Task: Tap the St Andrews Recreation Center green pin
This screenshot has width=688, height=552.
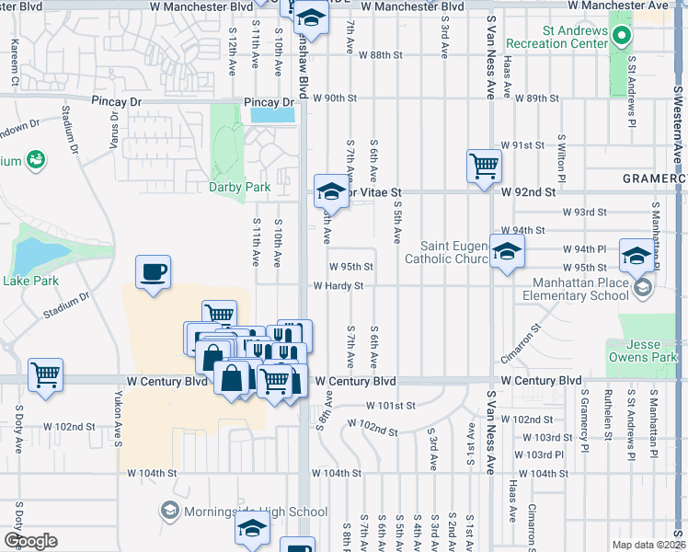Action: point(621,38)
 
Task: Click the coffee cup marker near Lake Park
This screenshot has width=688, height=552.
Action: point(154,272)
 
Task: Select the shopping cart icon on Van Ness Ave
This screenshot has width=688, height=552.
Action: point(483,167)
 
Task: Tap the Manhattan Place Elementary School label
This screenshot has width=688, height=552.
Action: point(575,291)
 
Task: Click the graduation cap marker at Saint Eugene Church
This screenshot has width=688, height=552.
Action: point(506,250)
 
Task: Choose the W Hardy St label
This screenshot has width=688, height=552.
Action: point(338,286)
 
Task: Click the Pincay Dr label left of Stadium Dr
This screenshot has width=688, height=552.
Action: point(114,99)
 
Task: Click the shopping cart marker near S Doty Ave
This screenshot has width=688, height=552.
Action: point(45,374)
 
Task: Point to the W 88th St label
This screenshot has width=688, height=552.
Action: point(381,55)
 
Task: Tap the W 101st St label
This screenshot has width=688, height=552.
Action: point(390,405)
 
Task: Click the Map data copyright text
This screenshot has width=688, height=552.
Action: point(647,545)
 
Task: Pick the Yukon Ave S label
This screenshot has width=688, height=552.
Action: point(118,422)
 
